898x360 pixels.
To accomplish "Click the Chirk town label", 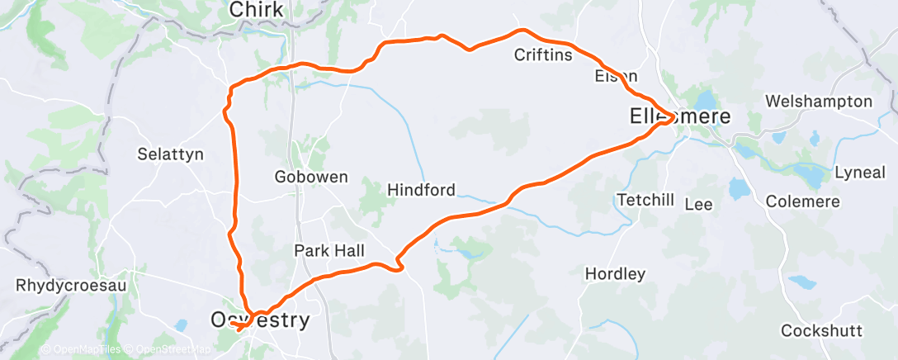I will point(256,10).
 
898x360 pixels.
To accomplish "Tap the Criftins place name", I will point(542,55).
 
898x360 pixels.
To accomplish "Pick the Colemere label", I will point(802,201).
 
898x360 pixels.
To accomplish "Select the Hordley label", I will point(614,273).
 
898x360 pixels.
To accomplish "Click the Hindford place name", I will point(421,190).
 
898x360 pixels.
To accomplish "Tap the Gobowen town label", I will point(310,177).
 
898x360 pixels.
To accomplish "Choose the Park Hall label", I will point(329,250).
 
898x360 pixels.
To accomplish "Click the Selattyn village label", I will point(169,154).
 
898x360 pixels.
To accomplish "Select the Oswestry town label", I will point(260,320).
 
